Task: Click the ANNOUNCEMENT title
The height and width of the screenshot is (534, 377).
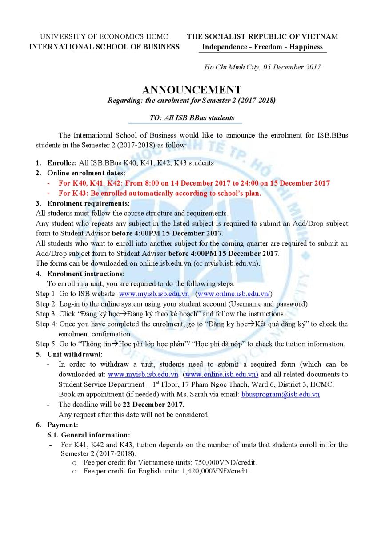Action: [192, 89]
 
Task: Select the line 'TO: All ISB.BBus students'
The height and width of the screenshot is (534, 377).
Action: [185, 118]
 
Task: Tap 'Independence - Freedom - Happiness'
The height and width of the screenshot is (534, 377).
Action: [262, 47]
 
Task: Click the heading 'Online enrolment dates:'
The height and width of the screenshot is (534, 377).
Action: [86, 173]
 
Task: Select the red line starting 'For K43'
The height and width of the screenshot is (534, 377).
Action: [160, 193]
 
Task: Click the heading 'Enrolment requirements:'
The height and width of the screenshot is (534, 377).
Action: [88, 203]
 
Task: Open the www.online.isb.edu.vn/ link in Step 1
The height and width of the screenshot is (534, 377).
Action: [234, 294]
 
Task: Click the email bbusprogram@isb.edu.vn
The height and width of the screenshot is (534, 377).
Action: [280, 394]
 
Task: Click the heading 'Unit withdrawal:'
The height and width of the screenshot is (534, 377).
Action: [75, 354]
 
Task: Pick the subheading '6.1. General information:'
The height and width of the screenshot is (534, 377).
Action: [89, 435]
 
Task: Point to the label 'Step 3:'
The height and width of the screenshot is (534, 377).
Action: [46, 314]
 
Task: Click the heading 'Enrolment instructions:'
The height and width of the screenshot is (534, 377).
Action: [86, 274]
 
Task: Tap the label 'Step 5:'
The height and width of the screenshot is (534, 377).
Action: [46, 344]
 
